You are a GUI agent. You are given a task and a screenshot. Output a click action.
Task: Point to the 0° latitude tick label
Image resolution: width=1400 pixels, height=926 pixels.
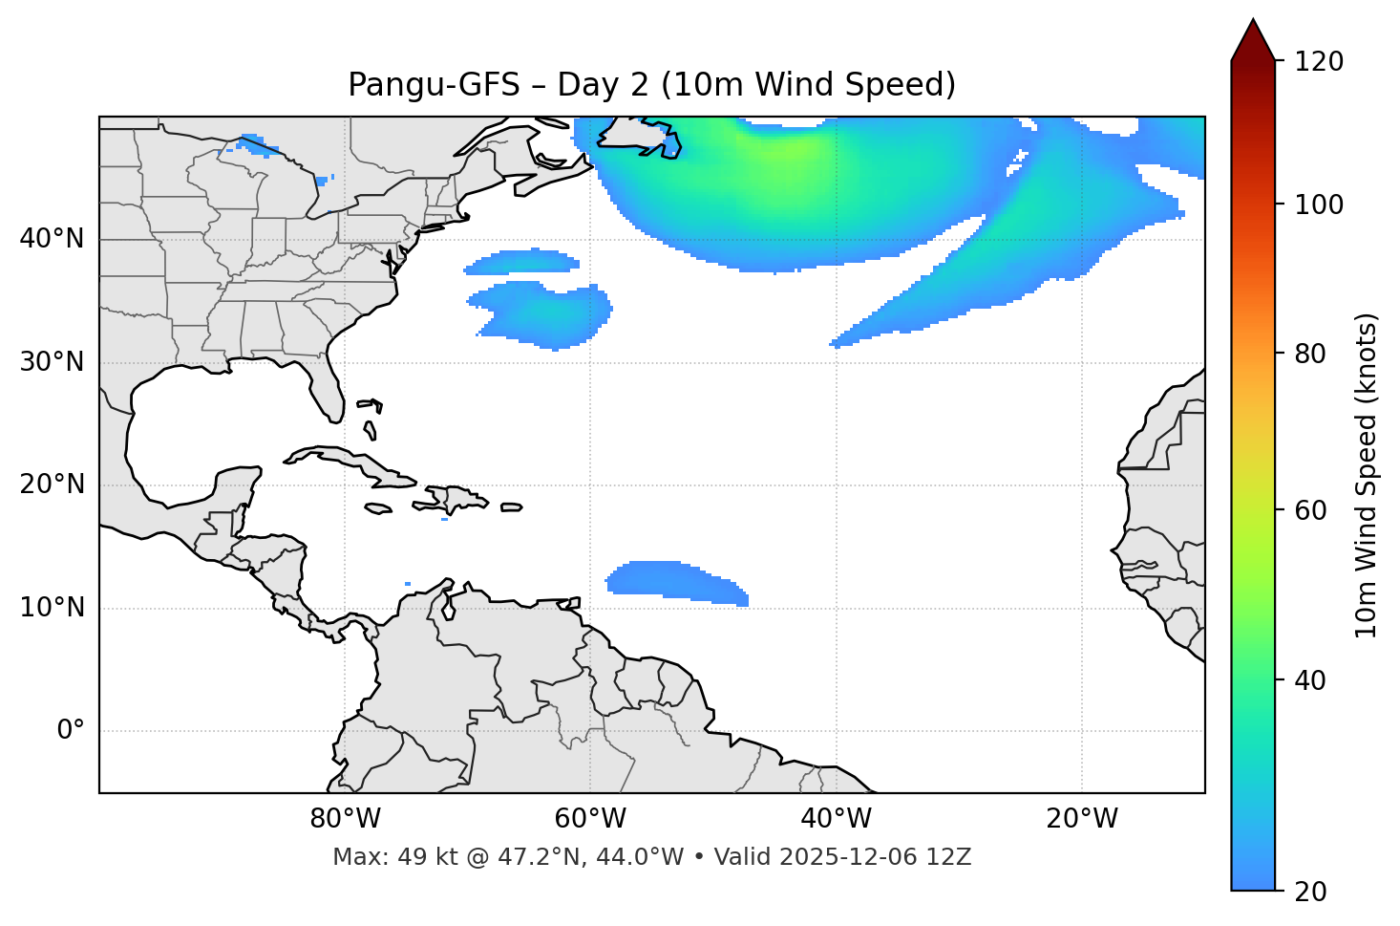point(71,731)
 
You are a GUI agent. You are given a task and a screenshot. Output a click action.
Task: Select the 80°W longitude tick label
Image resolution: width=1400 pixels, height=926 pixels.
point(345,819)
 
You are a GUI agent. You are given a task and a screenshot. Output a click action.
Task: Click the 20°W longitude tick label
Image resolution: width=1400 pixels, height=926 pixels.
point(1082,819)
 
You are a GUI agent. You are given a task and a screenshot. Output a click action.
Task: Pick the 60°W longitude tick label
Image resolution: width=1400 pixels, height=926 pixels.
point(590,819)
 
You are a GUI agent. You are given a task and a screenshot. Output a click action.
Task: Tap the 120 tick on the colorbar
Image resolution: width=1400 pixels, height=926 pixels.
point(1318,61)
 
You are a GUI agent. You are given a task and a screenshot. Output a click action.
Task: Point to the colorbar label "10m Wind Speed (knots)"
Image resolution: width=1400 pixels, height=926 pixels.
point(1367,475)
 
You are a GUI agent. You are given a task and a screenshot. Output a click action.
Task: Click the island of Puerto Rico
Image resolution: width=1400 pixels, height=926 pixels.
point(512,507)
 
